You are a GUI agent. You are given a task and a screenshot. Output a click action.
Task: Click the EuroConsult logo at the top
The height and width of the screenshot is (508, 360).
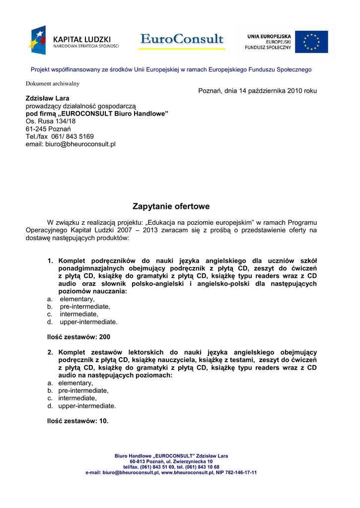182,39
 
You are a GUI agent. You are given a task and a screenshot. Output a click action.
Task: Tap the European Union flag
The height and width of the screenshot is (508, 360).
311,42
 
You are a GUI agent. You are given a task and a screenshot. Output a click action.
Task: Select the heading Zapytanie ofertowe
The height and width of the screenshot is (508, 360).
171,206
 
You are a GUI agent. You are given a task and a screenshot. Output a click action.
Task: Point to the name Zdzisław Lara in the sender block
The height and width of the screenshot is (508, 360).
47,98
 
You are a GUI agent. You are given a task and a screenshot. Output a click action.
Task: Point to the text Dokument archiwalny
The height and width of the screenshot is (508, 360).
53,83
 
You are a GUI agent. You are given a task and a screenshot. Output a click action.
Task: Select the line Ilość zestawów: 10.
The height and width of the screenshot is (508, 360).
77,421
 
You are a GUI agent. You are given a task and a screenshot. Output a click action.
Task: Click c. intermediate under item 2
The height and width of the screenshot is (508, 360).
77,398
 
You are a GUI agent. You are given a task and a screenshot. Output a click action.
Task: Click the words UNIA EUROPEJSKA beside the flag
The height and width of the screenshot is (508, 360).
269,36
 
